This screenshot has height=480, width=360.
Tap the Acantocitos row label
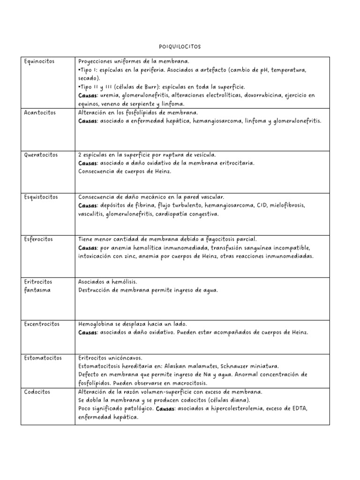(x=39, y=112)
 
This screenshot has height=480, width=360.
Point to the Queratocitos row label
(x=41, y=155)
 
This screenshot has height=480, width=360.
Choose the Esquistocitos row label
(x=41, y=197)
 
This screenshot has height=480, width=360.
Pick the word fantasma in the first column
(x=37, y=290)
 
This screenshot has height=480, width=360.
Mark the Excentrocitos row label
(x=41, y=324)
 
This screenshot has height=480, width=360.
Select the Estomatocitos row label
(x=42, y=358)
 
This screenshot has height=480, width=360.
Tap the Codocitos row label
(x=37, y=391)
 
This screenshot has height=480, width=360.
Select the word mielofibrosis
(x=288, y=205)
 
